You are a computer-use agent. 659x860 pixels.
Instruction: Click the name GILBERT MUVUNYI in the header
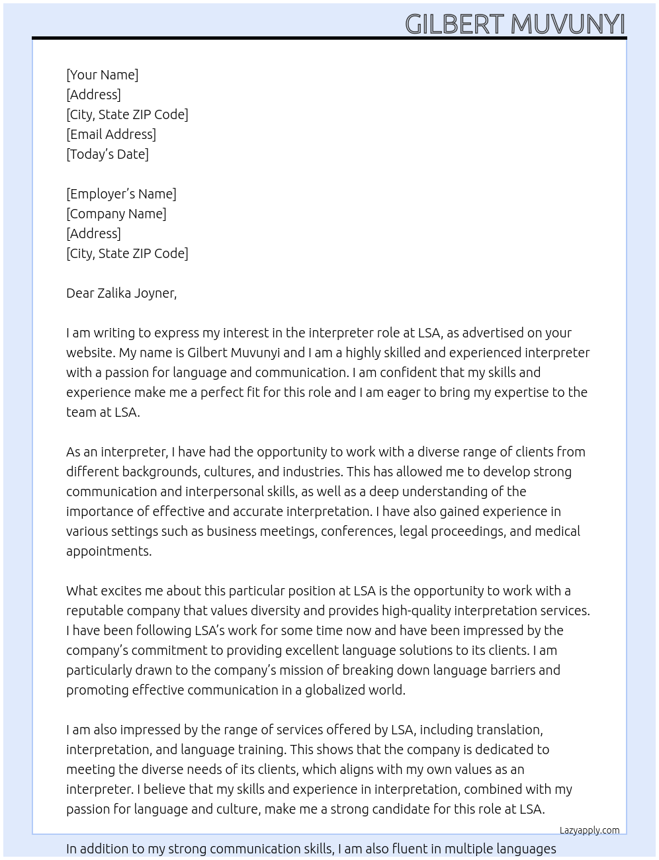[x=515, y=24]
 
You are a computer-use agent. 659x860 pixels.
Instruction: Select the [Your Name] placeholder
[x=103, y=75]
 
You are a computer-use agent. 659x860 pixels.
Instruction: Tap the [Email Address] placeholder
[x=111, y=134]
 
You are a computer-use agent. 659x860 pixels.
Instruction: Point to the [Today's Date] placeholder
[x=107, y=154]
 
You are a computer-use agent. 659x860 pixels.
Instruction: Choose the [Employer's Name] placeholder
[x=121, y=194]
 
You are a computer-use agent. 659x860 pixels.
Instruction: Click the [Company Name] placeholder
[x=116, y=214]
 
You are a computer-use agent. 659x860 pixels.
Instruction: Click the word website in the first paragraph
[x=90, y=353]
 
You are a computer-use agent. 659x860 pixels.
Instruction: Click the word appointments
[x=109, y=551]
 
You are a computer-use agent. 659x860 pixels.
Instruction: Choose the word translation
[x=509, y=730]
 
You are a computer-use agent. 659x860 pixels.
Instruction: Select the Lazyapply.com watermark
[x=590, y=830]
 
